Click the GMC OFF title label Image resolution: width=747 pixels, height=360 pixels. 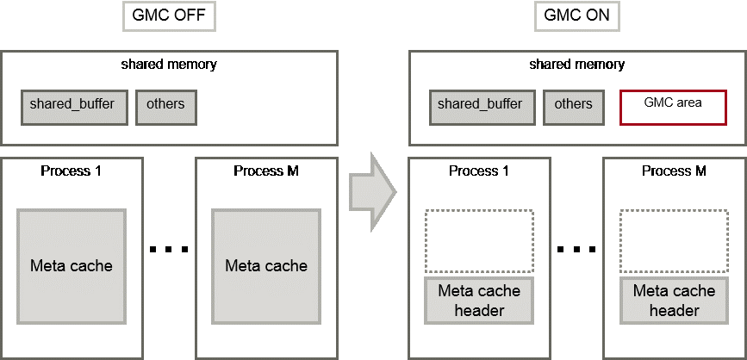click(x=168, y=16)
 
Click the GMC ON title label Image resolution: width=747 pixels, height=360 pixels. click(x=576, y=16)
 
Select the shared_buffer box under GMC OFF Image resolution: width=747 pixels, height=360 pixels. click(x=72, y=105)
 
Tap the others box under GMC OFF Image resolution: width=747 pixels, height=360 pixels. click(x=165, y=105)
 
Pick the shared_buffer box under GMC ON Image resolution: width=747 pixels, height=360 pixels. click(x=480, y=105)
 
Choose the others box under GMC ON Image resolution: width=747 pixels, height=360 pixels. click(x=574, y=105)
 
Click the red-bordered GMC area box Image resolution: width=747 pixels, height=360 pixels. click(x=673, y=107)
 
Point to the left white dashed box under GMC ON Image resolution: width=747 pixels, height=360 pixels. click(x=479, y=241)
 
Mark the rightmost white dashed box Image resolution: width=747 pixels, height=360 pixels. click(x=674, y=241)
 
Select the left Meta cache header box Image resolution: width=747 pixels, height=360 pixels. click(x=479, y=300)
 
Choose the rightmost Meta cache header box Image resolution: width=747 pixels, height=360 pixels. click(x=674, y=300)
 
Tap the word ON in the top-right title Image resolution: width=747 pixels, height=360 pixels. click(x=595, y=16)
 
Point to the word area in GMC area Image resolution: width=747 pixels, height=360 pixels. click(x=688, y=102)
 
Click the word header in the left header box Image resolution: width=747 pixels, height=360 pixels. click(x=479, y=310)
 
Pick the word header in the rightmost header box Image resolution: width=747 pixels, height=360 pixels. click(x=674, y=310)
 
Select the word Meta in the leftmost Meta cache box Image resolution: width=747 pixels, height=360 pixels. click(x=49, y=265)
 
